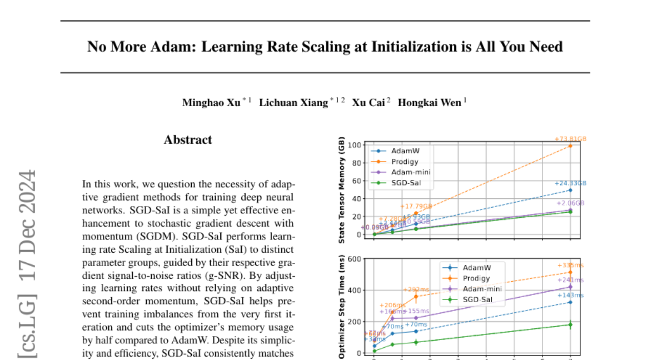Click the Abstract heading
point(188,140)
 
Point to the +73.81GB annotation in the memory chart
point(571,139)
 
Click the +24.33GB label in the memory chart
point(570,183)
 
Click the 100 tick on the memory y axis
point(354,146)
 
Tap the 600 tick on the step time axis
point(354,258)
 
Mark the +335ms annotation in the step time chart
point(571,266)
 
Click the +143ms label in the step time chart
point(571,296)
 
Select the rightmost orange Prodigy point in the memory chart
point(571,146)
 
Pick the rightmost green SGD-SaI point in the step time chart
point(571,324)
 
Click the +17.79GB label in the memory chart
point(415,207)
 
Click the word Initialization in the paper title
point(414,47)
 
